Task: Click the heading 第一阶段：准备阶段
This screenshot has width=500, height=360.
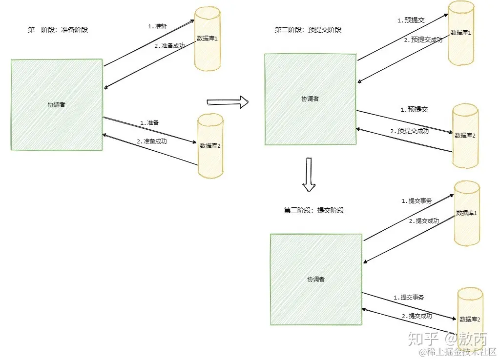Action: click(x=58, y=30)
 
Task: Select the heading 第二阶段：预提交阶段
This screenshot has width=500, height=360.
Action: click(x=308, y=30)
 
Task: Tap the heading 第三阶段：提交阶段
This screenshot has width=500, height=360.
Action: click(x=314, y=210)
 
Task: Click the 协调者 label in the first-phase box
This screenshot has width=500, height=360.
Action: click(x=56, y=104)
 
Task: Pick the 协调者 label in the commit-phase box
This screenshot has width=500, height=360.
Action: click(x=315, y=280)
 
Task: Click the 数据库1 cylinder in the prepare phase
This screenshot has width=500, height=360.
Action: click(x=208, y=39)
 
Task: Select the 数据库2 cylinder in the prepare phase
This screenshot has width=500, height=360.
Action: click(x=211, y=145)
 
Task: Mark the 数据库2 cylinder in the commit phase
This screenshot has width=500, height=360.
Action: click(x=470, y=319)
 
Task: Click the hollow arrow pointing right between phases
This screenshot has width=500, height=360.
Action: click(x=228, y=102)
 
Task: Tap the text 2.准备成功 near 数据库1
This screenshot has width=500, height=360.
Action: click(x=169, y=46)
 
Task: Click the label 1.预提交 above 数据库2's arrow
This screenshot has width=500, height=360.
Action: click(x=414, y=110)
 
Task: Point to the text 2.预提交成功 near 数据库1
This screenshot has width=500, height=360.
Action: click(x=423, y=40)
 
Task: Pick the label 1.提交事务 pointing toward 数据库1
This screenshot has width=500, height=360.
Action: click(x=417, y=200)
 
